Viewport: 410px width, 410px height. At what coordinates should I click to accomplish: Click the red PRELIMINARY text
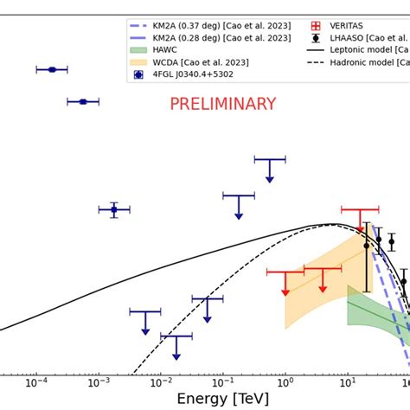coord(222,105)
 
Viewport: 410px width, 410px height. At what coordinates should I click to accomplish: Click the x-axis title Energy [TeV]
coord(223,398)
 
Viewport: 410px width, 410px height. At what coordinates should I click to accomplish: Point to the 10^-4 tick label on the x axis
coord(36,381)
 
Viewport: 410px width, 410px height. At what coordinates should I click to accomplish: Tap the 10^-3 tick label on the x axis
coord(99,381)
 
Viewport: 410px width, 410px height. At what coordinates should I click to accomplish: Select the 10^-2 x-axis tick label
coord(161,381)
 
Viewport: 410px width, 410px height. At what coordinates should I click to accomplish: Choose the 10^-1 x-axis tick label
coord(223,381)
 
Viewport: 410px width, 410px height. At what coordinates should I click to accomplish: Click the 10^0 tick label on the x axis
coord(285,381)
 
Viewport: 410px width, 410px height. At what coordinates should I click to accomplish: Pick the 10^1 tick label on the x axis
coord(347,381)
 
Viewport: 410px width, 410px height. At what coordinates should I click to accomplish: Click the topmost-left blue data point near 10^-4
coord(52,69)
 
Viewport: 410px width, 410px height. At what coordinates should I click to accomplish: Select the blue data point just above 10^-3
coord(113,209)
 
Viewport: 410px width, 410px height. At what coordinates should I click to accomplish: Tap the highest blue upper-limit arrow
coord(270,170)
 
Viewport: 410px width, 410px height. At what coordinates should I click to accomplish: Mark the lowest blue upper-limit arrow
coord(176,347)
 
